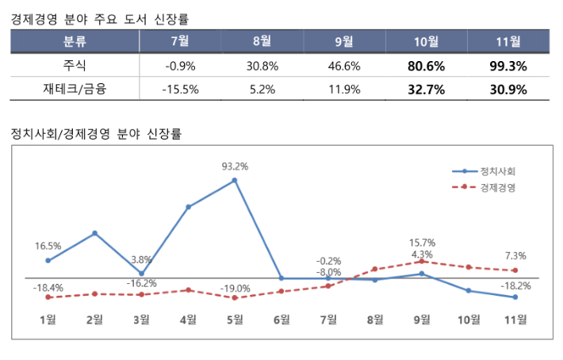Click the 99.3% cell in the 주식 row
508,66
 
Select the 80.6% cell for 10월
426,66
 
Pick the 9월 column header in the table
344,41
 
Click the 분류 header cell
75,41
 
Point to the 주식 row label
75,66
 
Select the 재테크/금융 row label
75,90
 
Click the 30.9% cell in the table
508,90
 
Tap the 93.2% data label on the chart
235,167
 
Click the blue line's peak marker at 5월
235,180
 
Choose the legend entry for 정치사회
496,171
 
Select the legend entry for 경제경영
496,188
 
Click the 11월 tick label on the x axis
515,320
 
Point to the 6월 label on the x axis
281,320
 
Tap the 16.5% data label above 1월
48,247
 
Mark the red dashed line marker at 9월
422,261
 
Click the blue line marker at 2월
94,233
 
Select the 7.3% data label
515,256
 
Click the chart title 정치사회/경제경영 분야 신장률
97,134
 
